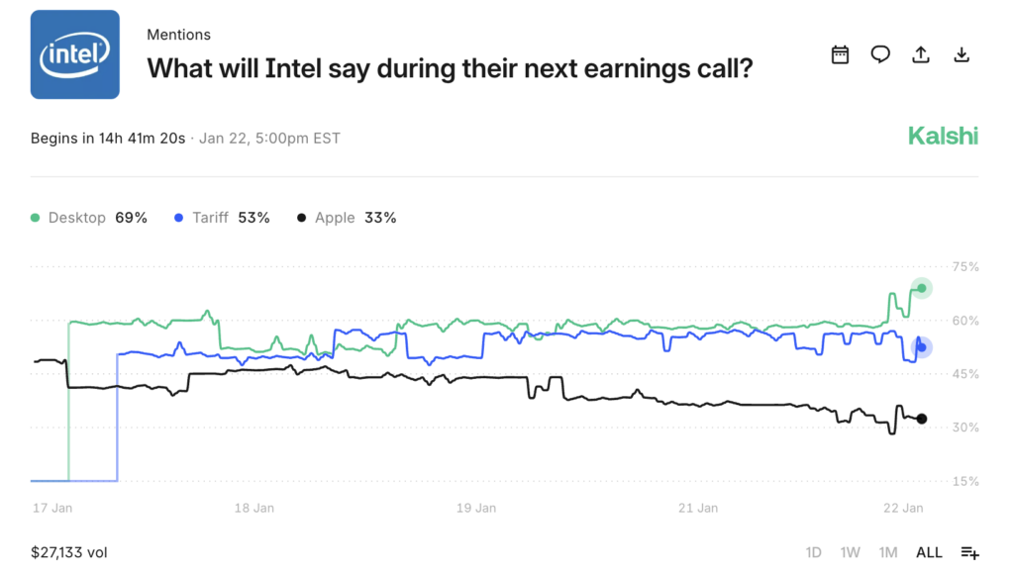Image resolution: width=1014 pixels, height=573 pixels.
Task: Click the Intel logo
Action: coord(75,54)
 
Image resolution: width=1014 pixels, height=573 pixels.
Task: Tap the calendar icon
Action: coord(840,54)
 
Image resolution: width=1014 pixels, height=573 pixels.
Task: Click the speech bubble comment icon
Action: coord(880,54)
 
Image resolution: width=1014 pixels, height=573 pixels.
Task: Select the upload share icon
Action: coord(921,54)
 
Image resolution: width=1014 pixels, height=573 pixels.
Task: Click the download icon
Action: coord(961,54)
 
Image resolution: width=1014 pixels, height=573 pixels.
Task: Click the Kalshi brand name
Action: coord(943,137)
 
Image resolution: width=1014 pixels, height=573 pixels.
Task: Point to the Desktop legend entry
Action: coord(88,218)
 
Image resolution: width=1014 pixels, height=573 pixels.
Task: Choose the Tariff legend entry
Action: coord(221,218)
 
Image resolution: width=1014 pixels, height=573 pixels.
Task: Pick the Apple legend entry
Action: coord(346,218)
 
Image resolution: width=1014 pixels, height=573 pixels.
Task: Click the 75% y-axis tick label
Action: coord(965,267)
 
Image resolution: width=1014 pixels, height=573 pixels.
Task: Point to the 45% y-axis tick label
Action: coord(965,374)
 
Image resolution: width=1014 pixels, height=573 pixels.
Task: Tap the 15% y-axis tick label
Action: coord(965,482)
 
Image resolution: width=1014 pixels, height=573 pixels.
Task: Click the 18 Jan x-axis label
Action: coord(254,509)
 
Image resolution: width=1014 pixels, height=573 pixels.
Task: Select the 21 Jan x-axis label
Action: coord(698,509)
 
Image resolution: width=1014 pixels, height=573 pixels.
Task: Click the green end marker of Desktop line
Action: coord(922,288)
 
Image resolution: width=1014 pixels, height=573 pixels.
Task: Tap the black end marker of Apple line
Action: coord(922,419)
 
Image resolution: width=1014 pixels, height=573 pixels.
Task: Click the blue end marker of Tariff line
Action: coord(922,346)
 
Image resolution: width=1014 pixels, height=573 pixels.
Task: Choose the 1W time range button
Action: coord(850,552)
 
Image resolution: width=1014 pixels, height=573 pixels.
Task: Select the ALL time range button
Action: coord(929,552)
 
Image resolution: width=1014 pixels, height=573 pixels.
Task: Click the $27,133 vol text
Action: coord(68,552)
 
